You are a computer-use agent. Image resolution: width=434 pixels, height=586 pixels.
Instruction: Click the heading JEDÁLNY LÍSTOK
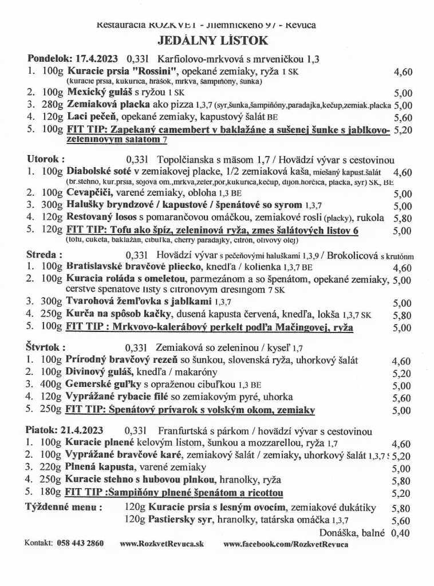click(x=212, y=41)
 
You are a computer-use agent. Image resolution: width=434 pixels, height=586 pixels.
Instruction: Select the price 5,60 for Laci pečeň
click(x=403, y=118)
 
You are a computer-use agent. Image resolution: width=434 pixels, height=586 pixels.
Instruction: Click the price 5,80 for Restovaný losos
click(x=403, y=218)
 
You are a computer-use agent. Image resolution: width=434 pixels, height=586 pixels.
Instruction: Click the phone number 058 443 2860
click(x=80, y=543)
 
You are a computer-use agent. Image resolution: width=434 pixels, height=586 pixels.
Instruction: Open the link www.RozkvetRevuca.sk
click(x=161, y=544)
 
